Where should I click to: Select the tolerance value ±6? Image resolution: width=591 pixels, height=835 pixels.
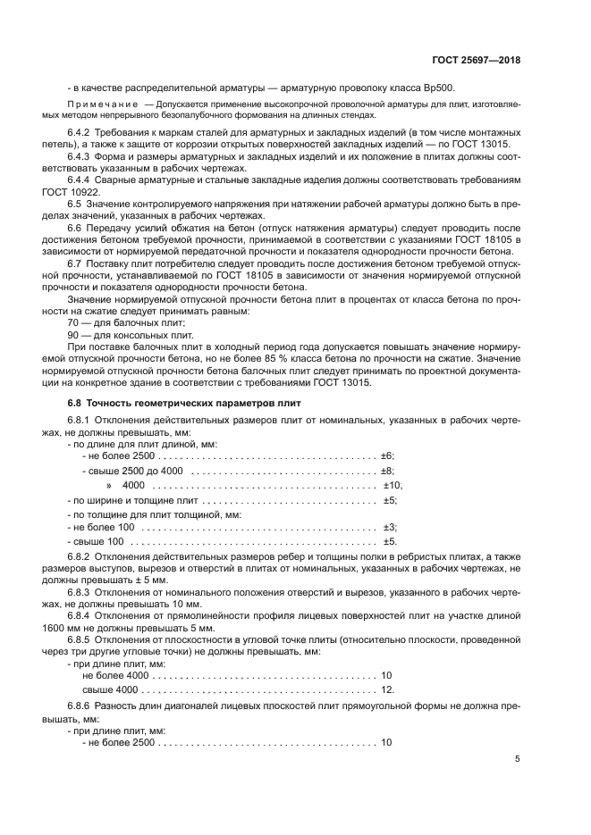click(x=387, y=456)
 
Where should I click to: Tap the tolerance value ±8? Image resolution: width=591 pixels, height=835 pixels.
click(x=387, y=471)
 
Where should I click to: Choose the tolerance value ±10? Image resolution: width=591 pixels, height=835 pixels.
click(x=393, y=485)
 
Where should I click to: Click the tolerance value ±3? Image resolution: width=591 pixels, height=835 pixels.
click(x=389, y=528)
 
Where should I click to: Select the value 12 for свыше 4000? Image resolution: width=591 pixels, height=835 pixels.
click(x=386, y=690)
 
